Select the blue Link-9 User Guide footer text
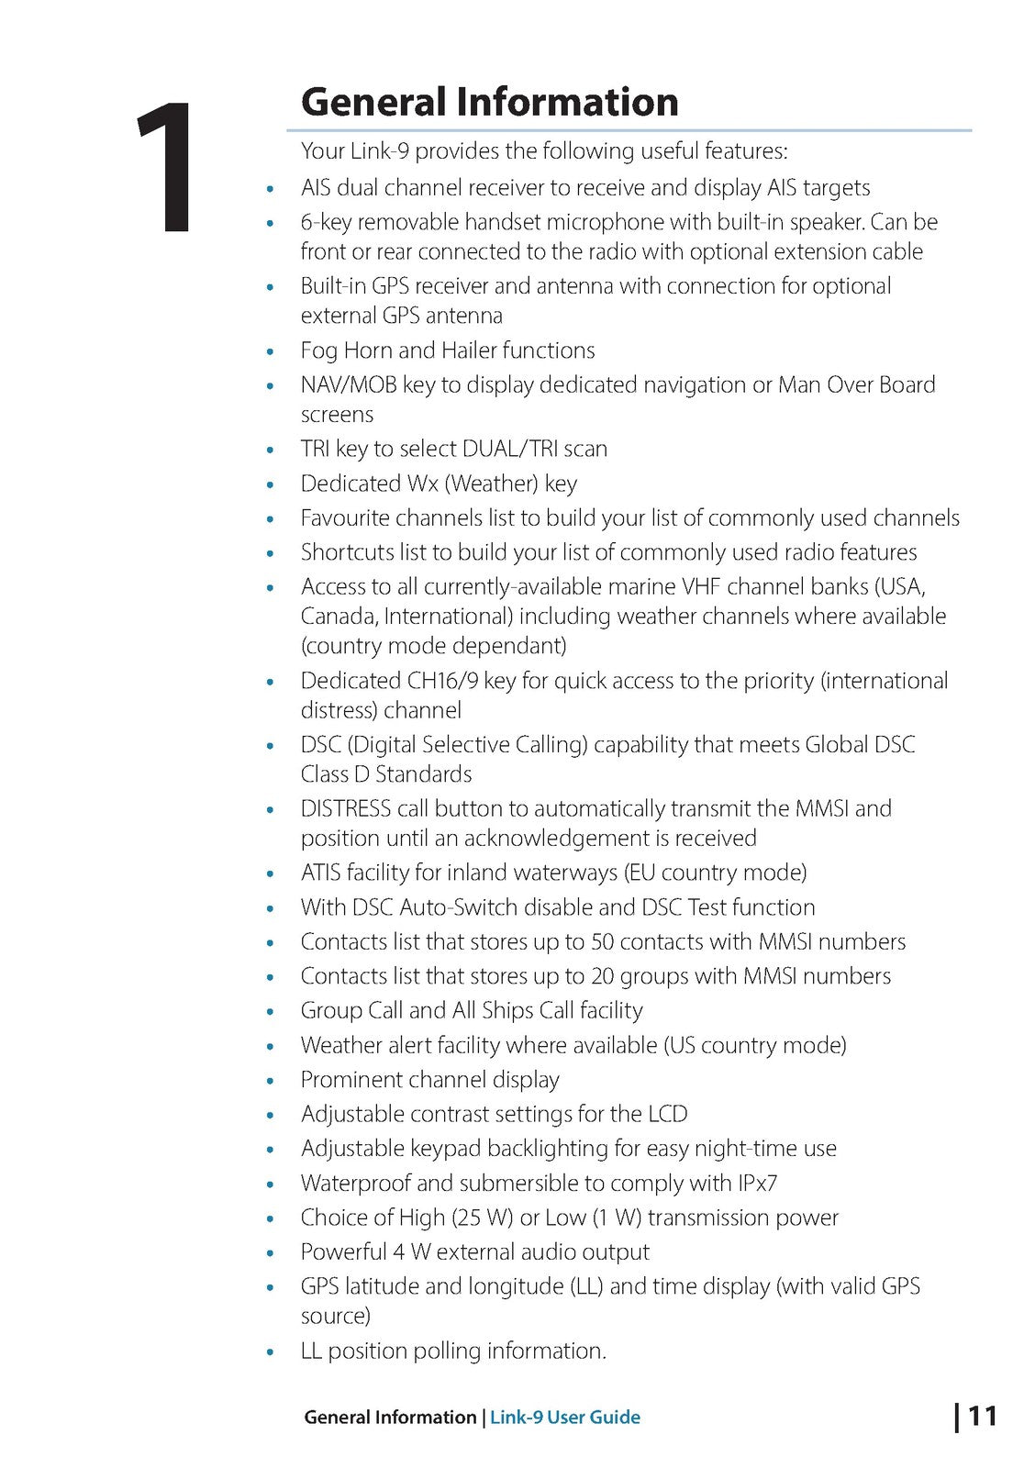click(x=564, y=1417)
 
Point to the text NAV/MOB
click(x=349, y=384)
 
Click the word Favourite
click(x=347, y=518)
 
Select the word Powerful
click(x=343, y=1252)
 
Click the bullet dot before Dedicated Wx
click(x=270, y=484)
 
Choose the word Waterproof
click(x=355, y=1184)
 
